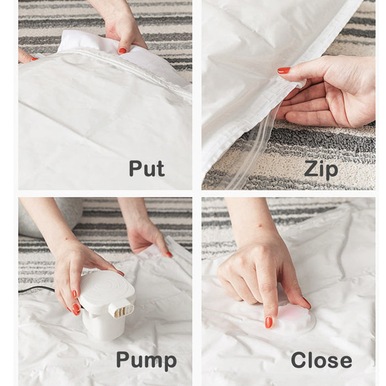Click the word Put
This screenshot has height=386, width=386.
pos(147,168)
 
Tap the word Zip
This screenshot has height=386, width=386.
pos(321,170)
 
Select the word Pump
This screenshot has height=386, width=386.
pos(146,360)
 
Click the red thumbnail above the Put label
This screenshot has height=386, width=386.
pos(122,51)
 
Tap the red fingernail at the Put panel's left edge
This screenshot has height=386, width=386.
pos(34,59)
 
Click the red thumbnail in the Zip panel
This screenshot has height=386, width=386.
pos(284,71)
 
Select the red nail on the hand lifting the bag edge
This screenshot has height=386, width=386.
pos(169,254)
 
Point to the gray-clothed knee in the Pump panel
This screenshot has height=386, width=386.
pos(49,217)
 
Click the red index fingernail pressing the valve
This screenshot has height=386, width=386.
pos(269,322)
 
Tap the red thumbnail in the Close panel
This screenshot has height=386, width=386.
pos(307,303)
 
